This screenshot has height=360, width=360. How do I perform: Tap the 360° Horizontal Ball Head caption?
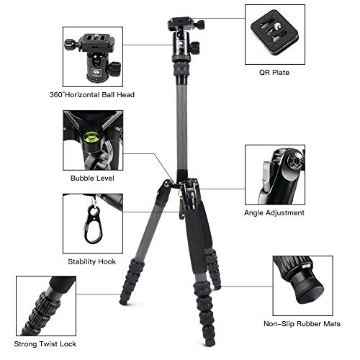(x=96, y=94)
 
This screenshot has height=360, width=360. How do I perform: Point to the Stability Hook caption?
(x=91, y=261)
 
